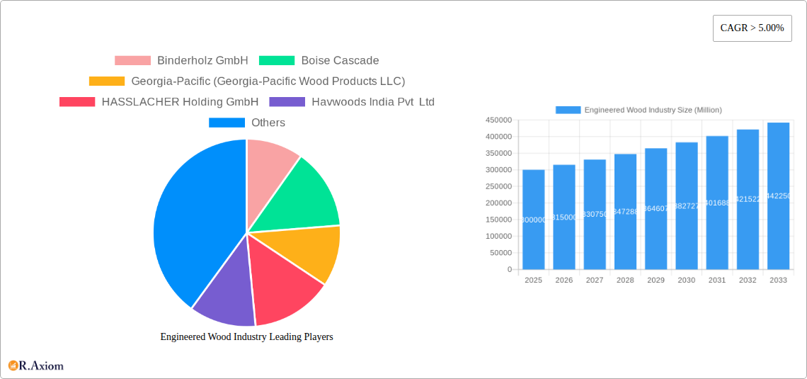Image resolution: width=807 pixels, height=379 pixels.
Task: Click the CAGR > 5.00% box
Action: click(x=752, y=28)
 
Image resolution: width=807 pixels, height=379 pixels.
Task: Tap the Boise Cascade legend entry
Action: click(x=319, y=61)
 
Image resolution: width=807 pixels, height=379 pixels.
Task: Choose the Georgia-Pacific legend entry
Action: click(x=247, y=81)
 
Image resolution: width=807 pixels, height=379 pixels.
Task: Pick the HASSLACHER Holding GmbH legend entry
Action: click(x=159, y=102)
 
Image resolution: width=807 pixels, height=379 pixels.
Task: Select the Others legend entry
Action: click(x=247, y=123)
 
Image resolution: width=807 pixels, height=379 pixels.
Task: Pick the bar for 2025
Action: click(x=533, y=220)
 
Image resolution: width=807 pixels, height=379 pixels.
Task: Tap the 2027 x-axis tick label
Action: click(x=595, y=281)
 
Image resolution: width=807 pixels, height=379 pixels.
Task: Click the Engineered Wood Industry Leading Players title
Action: click(x=246, y=337)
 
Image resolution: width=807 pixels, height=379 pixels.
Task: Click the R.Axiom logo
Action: click(x=36, y=366)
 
